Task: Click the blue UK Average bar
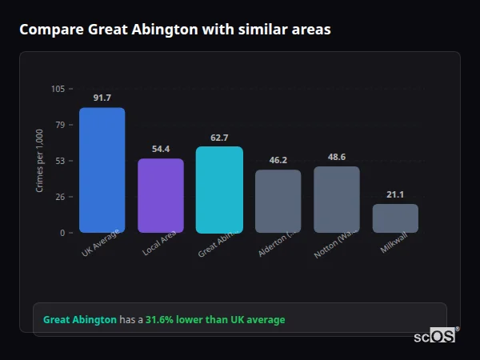click(x=102, y=170)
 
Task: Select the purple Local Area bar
click(x=161, y=196)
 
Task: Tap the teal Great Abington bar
click(x=219, y=190)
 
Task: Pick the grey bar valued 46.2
click(x=278, y=201)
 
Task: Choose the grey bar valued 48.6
click(x=337, y=199)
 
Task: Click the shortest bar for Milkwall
click(x=395, y=218)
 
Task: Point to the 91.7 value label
click(x=102, y=98)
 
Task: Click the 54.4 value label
click(x=161, y=149)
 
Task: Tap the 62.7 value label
click(x=219, y=138)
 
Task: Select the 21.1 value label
click(x=395, y=194)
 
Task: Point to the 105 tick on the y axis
click(x=58, y=89)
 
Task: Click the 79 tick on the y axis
click(x=60, y=125)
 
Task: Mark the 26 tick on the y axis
click(x=60, y=197)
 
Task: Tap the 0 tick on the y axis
click(x=62, y=233)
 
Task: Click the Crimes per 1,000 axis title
click(x=39, y=160)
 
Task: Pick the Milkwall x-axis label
click(x=394, y=243)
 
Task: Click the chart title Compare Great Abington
click(x=174, y=30)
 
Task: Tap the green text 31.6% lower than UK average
click(x=214, y=320)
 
